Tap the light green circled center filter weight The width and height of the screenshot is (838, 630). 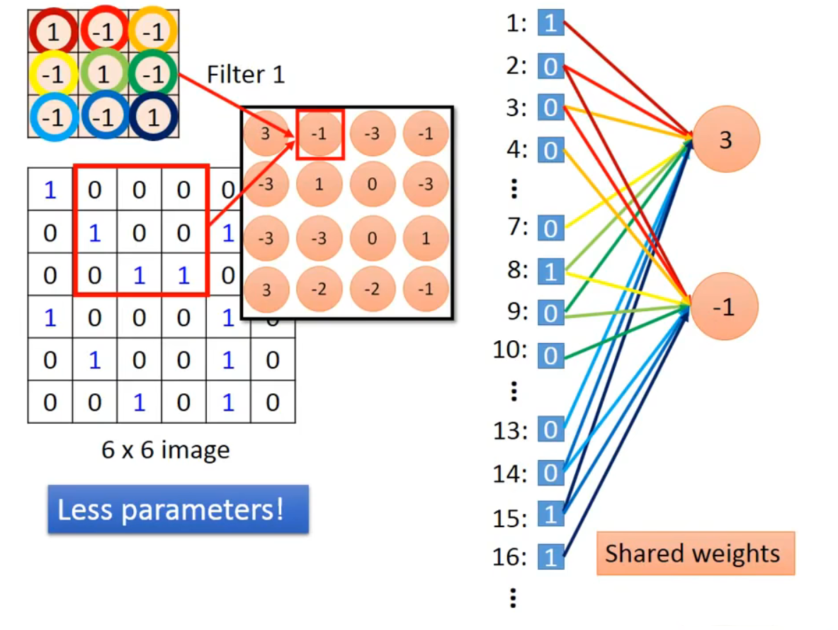pos(103,73)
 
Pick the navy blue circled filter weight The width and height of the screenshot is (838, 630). pos(154,117)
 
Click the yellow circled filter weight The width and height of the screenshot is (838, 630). pos(53,74)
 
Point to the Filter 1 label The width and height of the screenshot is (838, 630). pos(246,74)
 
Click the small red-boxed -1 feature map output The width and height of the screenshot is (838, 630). pos(319,134)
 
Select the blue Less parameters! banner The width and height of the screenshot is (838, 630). pos(178,509)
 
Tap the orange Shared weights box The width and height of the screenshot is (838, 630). pos(696,553)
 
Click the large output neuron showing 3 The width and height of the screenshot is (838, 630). pos(725,139)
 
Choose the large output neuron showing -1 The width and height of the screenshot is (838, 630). pos(724,306)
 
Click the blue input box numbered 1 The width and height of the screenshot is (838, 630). pos(551,23)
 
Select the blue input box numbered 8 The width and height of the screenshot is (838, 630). pos(551,271)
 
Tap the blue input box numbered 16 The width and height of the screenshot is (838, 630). pos(551,557)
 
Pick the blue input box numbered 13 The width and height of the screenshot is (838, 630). pos(551,429)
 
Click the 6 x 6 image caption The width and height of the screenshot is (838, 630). pos(166,450)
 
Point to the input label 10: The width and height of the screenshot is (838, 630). pos(510,350)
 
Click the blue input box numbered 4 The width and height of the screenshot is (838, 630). pos(551,150)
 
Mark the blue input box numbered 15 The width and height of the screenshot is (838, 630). pos(551,514)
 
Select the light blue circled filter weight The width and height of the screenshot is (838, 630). pos(53,117)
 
